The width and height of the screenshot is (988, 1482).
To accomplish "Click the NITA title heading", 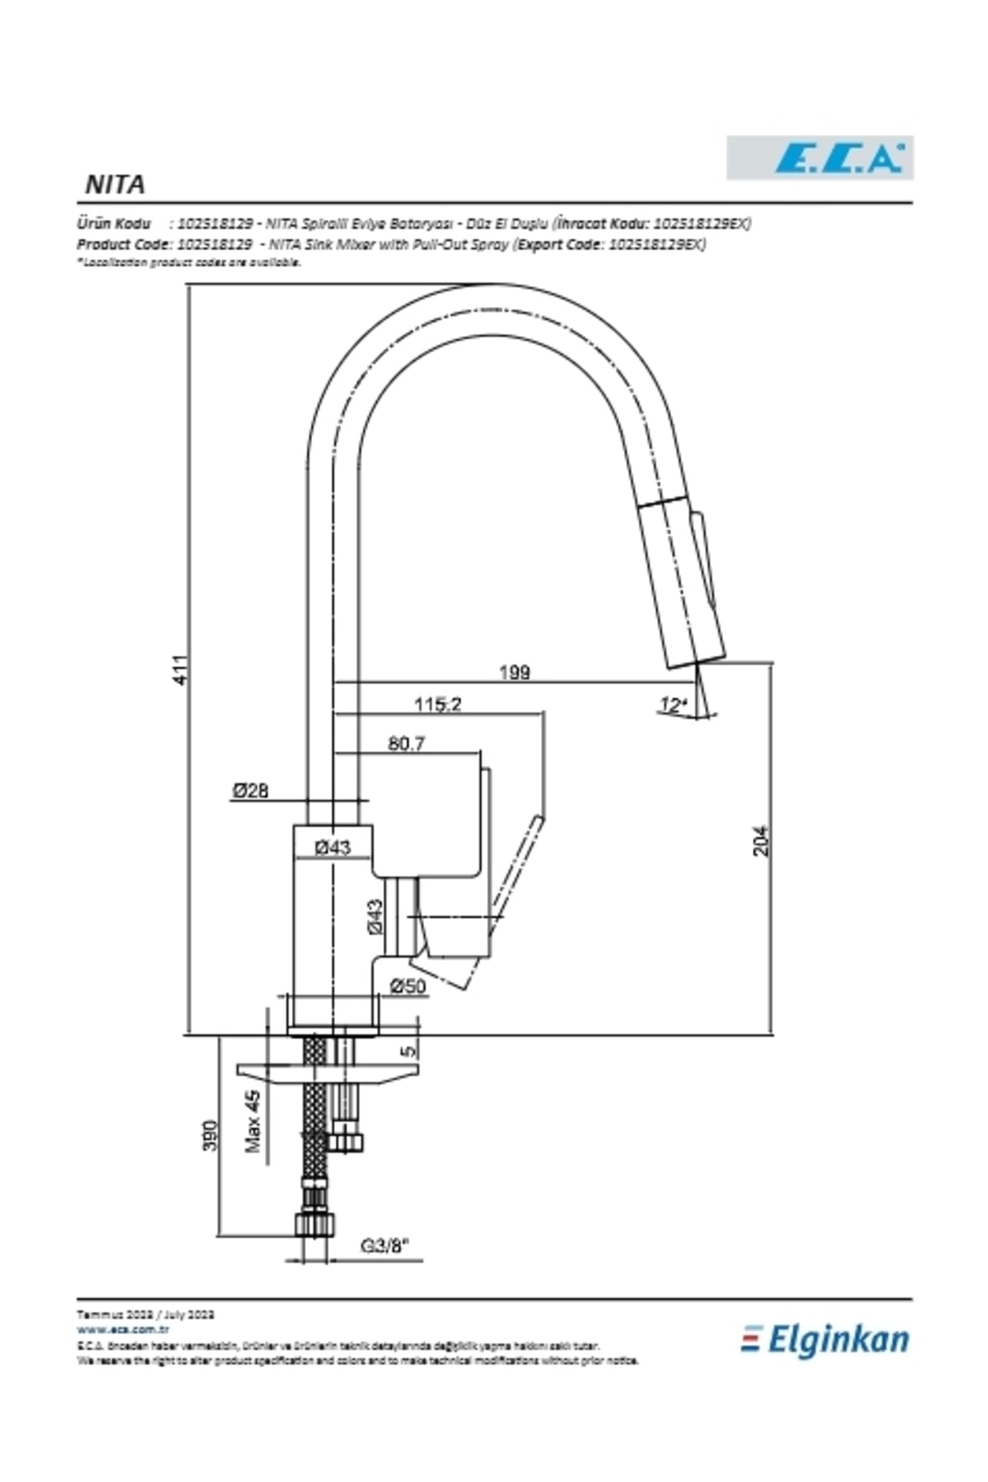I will [x=115, y=184].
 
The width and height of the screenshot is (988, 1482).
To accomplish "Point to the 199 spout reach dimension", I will [x=515, y=673].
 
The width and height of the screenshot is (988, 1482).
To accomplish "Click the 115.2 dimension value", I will [x=437, y=705].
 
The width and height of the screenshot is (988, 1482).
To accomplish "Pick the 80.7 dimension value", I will [x=407, y=744].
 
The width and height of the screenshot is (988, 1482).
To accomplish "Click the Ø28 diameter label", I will [x=249, y=790].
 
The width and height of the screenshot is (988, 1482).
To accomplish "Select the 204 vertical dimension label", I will [x=762, y=841].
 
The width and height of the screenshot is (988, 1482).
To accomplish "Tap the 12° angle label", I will [x=672, y=705].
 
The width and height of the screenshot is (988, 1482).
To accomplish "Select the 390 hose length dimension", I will [x=211, y=1135].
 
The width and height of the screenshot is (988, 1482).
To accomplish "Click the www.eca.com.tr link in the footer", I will [x=123, y=1329].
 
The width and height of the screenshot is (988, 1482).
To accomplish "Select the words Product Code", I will [x=123, y=245].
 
